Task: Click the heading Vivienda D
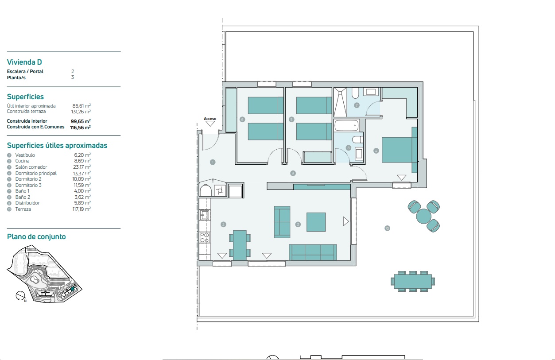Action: click(24, 62)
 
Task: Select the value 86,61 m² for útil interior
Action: click(82, 106)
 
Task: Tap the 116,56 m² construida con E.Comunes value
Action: click(80, 128)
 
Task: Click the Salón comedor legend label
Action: click(31, 167)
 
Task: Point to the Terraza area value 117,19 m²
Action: click(82, 209)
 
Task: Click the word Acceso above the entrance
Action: click(210, 119)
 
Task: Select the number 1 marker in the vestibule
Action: click(213, 162)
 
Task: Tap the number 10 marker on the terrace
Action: click(387, 228)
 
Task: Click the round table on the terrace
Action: click(424, 216)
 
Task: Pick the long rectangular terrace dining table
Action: click(413, 281)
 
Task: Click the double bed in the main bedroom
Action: click(400, 150)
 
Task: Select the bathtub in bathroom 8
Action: click(346, 125)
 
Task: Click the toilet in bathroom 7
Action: click(355, 93)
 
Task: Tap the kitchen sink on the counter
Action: click(205, 215)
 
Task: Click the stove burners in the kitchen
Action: click(205, 237)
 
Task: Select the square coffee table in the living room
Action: click(316, 222)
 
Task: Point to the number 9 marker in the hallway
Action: click(293, 173)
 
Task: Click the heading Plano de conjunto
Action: click(36, 236)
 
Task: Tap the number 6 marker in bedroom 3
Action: click(242, 120)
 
